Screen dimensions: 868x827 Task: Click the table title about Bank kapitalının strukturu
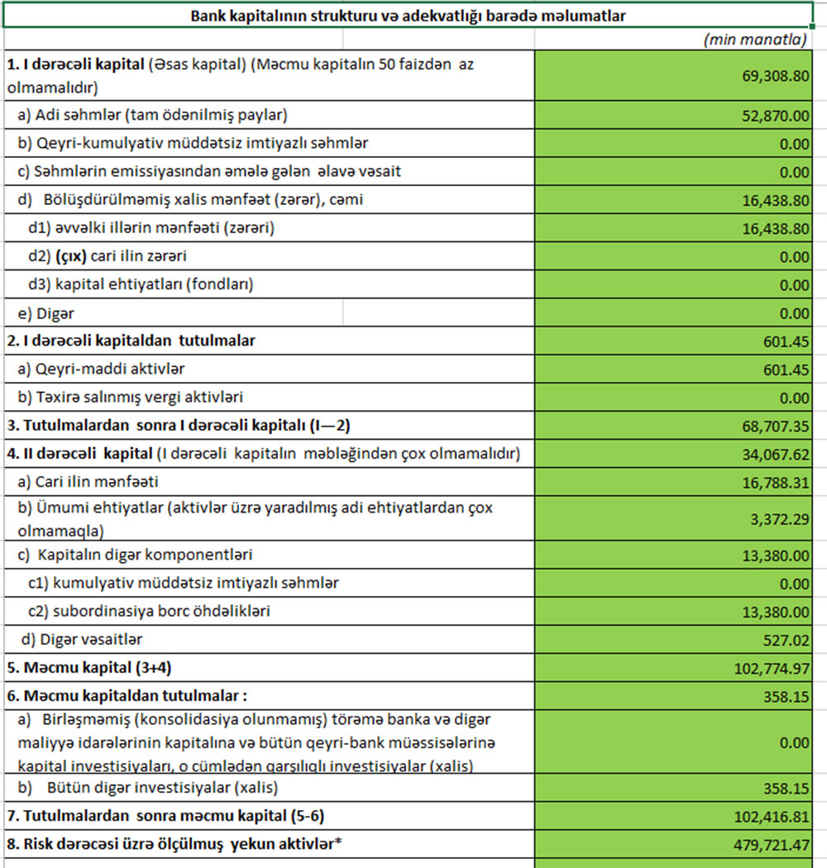pos(409,16)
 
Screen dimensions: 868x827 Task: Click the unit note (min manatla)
pos(754,39)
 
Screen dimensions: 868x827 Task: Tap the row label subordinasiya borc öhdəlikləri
pos(160,612)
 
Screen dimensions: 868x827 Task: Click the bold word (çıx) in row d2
pos(70,256)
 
